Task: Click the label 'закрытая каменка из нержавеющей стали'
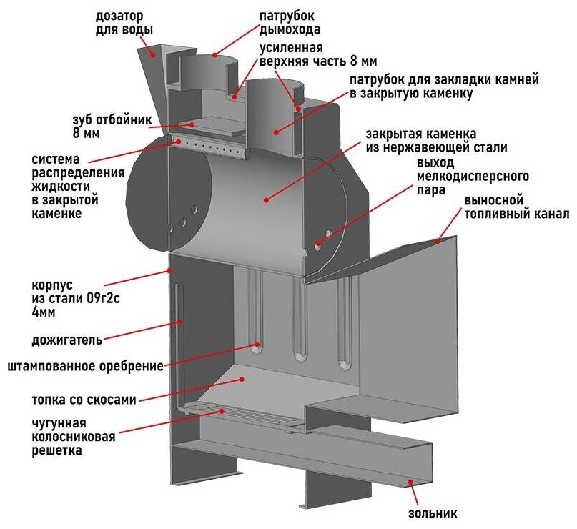[436, 141]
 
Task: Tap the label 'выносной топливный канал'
[516, 207]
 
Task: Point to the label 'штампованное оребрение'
[85, 367]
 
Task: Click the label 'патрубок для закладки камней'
[443, 86]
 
